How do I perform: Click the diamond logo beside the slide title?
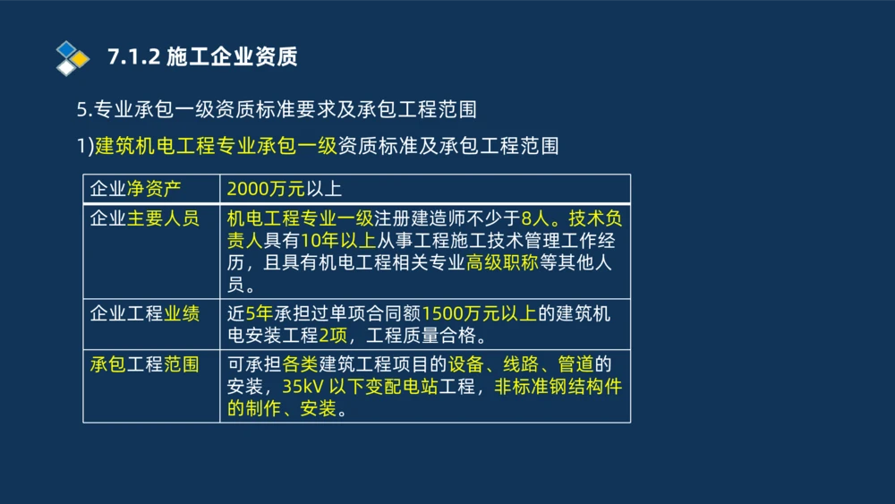point(72,57)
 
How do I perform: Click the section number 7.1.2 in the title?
point(133,57)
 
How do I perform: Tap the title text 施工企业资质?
point(232,57)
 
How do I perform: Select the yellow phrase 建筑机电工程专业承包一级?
point(215,145)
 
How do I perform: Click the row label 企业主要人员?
point(145,218)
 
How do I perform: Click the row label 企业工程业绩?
point(145,313)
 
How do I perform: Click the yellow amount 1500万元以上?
point(479,313)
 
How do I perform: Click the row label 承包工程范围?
point(145,364)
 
